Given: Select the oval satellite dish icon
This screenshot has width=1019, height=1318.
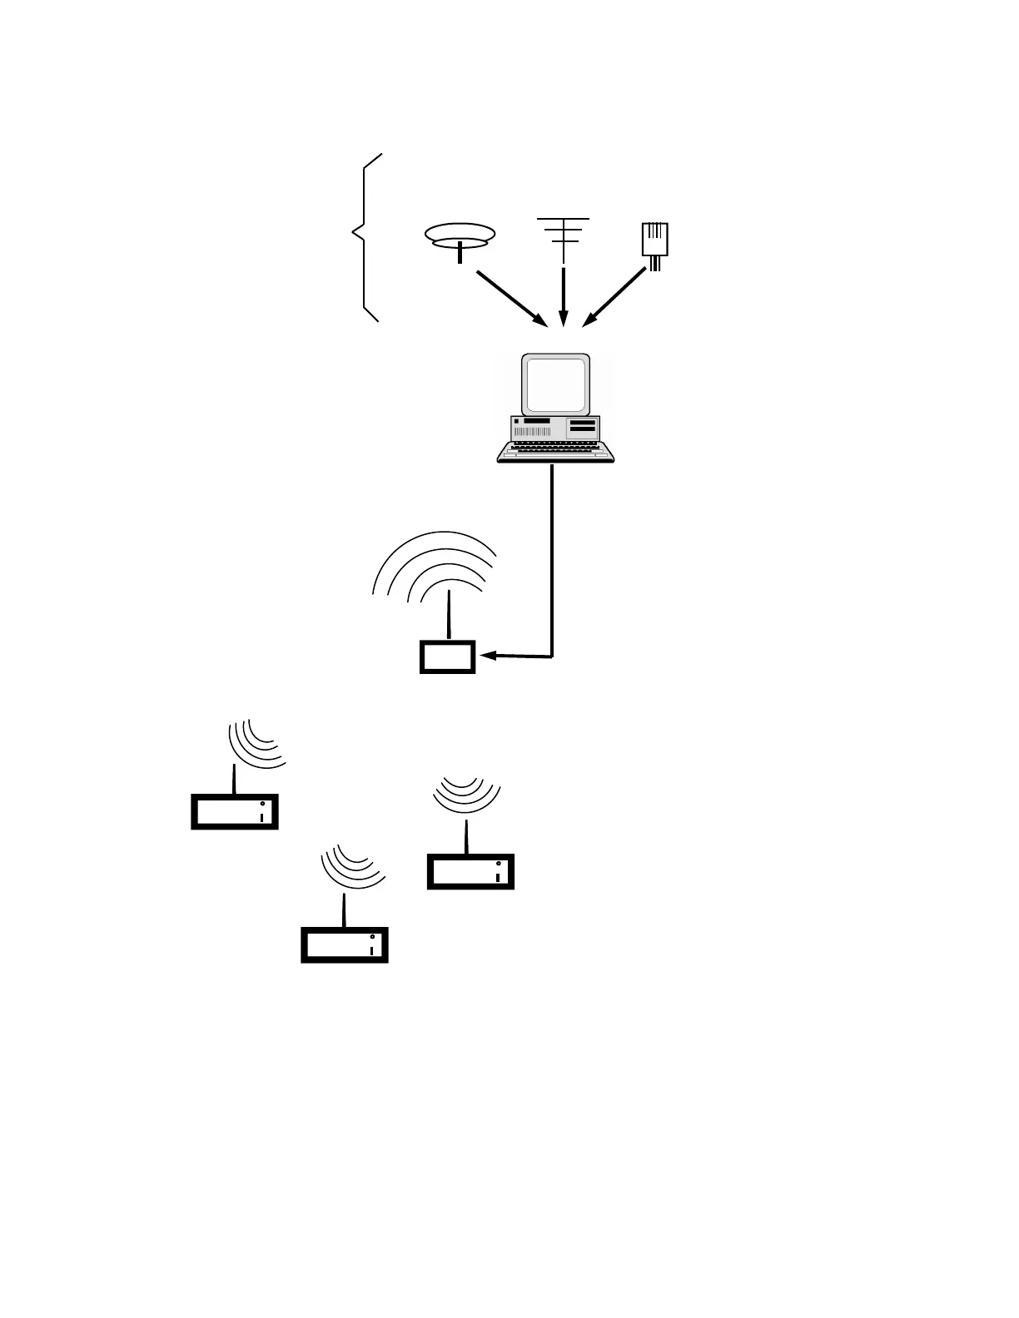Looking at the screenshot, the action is (x=460, y=235).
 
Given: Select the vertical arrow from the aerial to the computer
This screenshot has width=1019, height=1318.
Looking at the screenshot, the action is (x=564, y=295).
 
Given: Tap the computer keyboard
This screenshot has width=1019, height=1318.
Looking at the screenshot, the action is (x=555, y=450).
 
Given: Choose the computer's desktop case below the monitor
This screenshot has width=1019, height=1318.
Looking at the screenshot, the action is (x=555, y=428).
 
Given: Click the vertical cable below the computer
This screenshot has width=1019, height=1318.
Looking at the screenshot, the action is (x=552, y=557).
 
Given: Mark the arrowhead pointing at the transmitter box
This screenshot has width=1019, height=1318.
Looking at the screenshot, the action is (x=486, y=656).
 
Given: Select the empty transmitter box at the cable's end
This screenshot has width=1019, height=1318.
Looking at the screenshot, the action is (x=447, y=657).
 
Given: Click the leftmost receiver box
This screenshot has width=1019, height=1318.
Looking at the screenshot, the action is (x=235, y=811).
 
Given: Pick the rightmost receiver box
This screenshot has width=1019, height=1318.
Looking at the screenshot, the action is (x=470, y=871).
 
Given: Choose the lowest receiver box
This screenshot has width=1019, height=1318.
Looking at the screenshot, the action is (x=345, y=944).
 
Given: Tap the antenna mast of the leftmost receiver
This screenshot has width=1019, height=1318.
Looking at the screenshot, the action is (x=235, y=778).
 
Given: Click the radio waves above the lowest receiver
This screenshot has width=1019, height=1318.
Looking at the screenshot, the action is (x=354, y=868).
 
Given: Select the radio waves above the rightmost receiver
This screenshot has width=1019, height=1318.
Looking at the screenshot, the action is (x=467, y=794).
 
